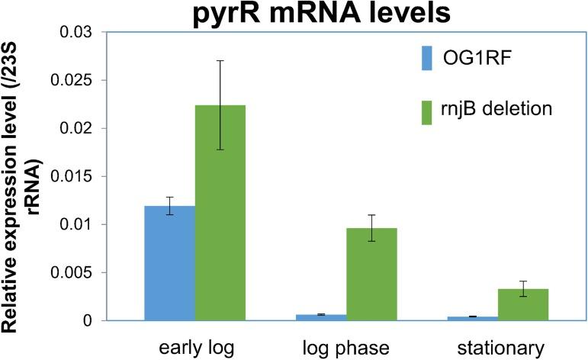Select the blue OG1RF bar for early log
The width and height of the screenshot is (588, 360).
tap(170, 263)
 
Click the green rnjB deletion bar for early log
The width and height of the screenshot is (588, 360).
tap(220, 213)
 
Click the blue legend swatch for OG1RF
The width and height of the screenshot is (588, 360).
tap(427, 56)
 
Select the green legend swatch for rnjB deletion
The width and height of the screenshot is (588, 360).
tap(427, 108)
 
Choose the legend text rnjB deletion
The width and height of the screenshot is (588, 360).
tap(496, 108)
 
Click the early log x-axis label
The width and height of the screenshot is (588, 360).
tap(194, 348)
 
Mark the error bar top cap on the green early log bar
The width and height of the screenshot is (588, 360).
tap(220, 60)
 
